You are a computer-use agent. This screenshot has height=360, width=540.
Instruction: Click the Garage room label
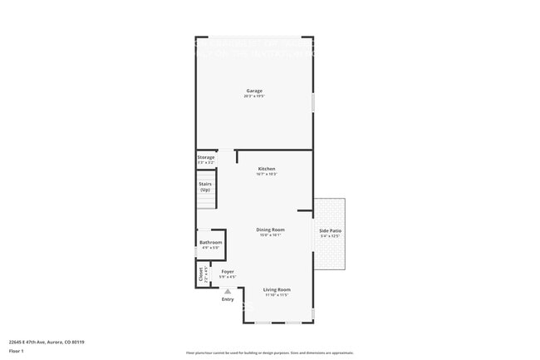pos(254,91)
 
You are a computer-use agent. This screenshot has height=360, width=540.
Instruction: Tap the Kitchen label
pos(267,169)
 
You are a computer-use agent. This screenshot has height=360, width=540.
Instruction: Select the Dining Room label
pos(270,229)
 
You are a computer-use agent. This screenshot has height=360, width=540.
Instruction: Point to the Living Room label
pos(277,289)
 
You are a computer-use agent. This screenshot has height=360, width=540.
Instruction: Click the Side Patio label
pos(330,230)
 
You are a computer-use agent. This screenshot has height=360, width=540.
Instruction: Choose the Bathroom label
pos(210,242)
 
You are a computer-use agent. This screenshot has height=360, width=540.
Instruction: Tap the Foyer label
pos(228,271)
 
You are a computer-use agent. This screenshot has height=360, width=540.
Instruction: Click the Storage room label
pos(206,157)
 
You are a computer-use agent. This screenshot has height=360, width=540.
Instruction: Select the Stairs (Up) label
pos(205,187)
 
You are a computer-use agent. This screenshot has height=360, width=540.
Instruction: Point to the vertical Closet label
pos(200,274)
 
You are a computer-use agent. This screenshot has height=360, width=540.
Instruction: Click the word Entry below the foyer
pos(228,299)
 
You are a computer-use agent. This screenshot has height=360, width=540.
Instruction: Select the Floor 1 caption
pos(17,351)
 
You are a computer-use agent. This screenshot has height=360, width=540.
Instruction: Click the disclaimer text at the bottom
pos(270,353)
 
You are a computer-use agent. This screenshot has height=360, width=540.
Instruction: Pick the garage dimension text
pos(254,96)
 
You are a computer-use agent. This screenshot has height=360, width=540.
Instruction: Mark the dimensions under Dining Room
pos(270,235)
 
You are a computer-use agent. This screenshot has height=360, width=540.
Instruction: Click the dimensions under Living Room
pos(277,295)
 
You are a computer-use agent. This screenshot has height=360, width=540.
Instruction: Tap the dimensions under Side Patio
pos(330,236)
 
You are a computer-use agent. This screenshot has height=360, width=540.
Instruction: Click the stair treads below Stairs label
pos(206,202)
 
